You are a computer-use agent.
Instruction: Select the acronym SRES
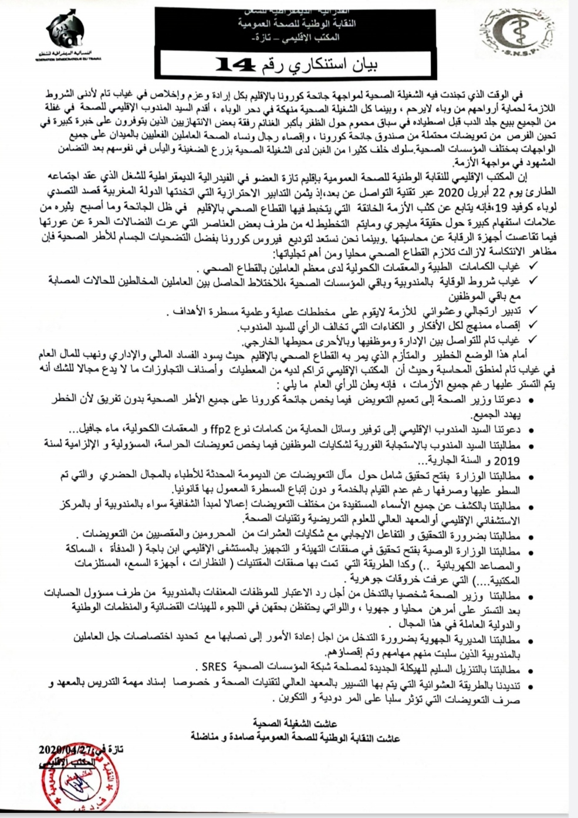[x=214, y=667]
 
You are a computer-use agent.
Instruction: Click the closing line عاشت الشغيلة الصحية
[x=295, y=723]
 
